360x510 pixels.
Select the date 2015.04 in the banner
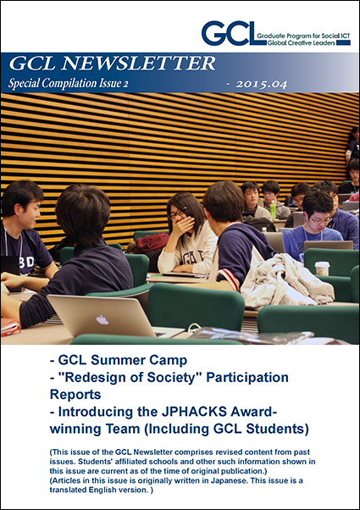[x=262, y=85]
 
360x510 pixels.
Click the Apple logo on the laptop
[x=102, y=320]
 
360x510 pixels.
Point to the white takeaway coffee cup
[x=322, y=269]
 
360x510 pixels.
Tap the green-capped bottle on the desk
[x=273, y=209]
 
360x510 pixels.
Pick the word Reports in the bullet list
[x=75, y=395]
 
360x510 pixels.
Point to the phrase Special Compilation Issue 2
[x=69, y=84]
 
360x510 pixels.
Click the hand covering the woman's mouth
[x=183, y=225]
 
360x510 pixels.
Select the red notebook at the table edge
[x=10, y=326]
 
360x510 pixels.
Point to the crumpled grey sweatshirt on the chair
[x=286, y=281]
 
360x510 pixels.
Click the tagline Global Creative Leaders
[x=302, y=43]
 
